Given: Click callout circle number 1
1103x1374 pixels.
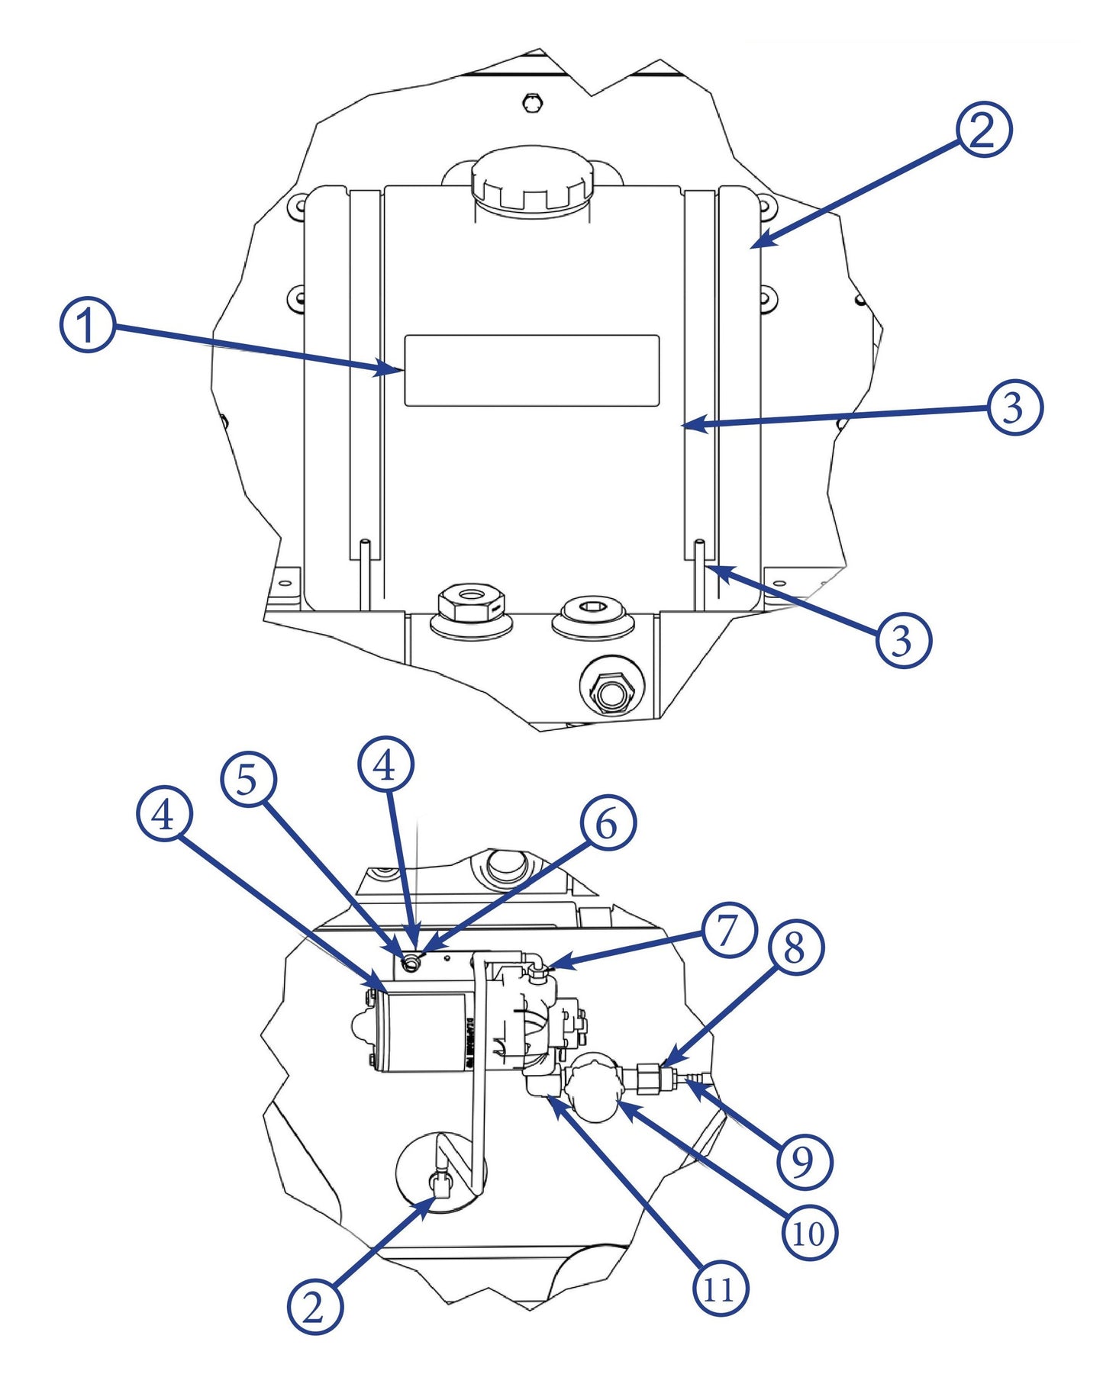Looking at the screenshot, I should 88,325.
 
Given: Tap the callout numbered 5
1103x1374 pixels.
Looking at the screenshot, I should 248,780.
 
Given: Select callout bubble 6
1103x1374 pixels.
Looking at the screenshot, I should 608,823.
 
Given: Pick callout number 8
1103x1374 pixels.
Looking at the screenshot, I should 795,948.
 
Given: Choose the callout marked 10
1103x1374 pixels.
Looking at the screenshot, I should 810,1233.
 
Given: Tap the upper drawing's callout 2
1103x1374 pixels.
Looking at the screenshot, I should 984,130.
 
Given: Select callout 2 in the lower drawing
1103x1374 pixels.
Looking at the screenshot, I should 314,1306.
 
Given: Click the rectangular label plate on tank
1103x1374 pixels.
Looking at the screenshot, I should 531,370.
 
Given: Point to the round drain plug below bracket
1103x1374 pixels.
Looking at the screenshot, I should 611,693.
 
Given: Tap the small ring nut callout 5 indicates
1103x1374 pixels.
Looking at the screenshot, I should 411,964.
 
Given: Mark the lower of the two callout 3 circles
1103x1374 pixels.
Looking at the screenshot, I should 904,639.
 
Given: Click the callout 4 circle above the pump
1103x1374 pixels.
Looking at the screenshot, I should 386,764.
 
